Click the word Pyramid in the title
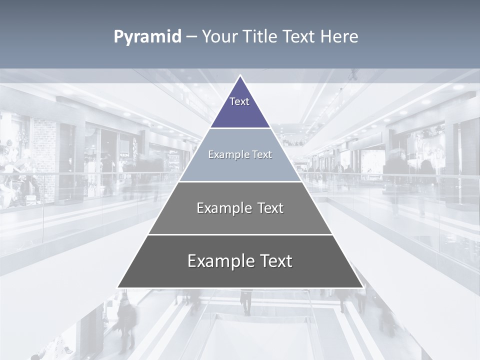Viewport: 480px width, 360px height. tap(147, 37)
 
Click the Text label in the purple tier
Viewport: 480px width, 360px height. tap(239, 101)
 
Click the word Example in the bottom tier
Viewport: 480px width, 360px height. tap(219, 261)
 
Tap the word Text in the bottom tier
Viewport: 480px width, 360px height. tap(275, 261)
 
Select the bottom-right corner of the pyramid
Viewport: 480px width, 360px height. tap(362, 287)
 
